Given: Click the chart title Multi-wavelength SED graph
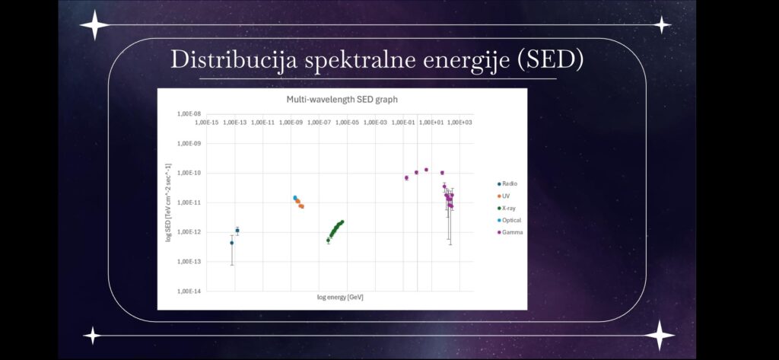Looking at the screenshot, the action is [342, 100].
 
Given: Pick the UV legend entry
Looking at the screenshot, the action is [504, 196].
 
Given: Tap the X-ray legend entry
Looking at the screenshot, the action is [506, 208].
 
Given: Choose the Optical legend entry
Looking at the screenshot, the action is [509, 220].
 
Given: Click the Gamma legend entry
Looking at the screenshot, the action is [510, 232].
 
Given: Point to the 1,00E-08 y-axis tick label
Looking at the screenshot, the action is [189, 114].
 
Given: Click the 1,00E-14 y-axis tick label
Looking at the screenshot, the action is [189, 291].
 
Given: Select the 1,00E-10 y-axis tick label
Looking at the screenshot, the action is [189, 173].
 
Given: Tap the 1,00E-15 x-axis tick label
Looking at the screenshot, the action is [207, 122].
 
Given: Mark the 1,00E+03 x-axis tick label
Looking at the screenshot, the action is [460, 122].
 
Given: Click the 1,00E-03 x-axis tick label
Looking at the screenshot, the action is [376, 122].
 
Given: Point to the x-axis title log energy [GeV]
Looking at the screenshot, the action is [340, 298].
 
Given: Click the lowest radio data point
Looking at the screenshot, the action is [231, 243].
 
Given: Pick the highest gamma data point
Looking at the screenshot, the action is [426, 170].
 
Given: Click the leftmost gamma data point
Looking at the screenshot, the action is [406, 177].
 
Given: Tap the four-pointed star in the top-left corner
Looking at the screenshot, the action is [94, 24].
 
